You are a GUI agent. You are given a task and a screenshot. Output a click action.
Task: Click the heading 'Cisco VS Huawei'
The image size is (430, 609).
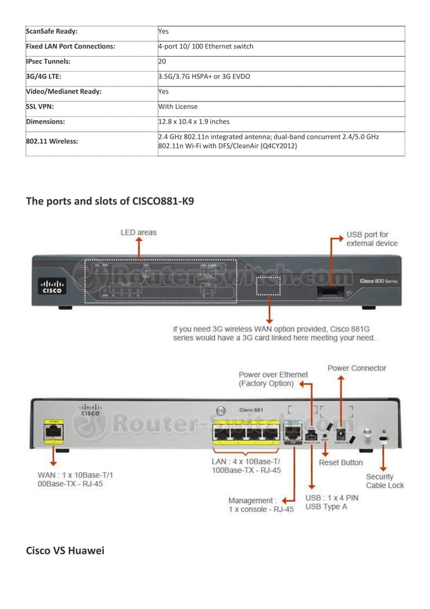[65, 551]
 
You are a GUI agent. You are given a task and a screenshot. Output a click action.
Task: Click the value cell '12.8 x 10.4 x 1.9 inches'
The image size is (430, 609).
[193, 122]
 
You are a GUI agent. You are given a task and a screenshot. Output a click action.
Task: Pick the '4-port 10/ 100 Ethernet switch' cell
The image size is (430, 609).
[206, 47]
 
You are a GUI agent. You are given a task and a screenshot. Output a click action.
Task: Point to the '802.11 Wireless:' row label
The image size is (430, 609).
[52, 141]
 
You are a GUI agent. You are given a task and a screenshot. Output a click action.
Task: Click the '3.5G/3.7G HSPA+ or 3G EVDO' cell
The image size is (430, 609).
[204, 76]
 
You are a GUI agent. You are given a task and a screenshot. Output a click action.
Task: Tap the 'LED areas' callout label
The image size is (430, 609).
[138, 233]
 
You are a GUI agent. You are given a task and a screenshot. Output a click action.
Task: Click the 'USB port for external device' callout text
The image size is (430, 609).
[372, 239]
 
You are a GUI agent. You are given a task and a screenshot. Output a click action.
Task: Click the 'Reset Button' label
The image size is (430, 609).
[340, 463]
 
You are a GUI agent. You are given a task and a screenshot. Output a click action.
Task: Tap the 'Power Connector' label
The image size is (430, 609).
[357, 369]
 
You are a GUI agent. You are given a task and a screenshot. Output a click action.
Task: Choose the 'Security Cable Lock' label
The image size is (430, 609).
[384, 481]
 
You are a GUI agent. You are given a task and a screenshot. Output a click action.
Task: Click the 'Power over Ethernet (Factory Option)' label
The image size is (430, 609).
[273, 379]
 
